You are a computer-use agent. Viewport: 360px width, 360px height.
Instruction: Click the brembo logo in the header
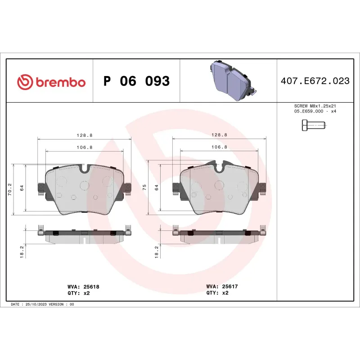(x=51, y=82)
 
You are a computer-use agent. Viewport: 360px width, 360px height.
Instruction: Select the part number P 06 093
(x=136, y=81)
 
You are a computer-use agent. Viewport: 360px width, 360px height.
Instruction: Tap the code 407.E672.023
(x=315, y=81)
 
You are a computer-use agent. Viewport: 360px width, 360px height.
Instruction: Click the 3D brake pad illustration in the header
(x=230, y=81)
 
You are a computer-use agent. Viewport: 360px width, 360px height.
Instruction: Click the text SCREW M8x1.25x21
(x=315, y=106)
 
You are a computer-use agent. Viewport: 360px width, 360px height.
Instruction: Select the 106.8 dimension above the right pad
(x=219, y=147)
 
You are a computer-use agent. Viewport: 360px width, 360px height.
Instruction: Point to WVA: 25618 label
(x=83, y=286)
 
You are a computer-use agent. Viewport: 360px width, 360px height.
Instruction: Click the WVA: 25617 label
(x=221, y=286)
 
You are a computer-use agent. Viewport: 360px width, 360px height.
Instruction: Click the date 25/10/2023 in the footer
(x=37, y=304)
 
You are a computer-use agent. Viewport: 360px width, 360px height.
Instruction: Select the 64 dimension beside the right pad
(x=157, y=188)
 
